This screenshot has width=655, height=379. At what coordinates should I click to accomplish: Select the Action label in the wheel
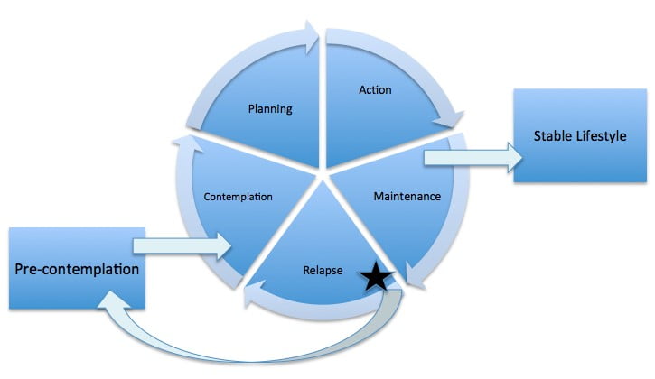click(x=374, y=90)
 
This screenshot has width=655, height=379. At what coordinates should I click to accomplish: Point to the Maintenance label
click(x=407, y=195)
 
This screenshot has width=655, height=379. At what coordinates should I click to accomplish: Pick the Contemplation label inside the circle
click(x=239, y=196)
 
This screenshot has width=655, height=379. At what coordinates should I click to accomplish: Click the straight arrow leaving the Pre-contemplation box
click(x=181, y=245)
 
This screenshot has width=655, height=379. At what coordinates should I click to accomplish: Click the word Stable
click(x=550, y=136)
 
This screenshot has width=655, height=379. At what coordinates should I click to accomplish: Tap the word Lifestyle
click(x=601, y=136)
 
